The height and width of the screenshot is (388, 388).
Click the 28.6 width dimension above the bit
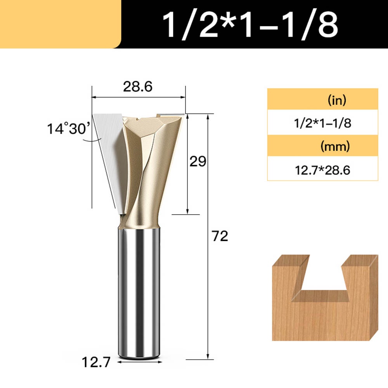138,87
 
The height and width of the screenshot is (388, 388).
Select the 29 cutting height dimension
198,161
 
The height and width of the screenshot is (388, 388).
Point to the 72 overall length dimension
220,236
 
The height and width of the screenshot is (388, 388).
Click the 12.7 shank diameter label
96,362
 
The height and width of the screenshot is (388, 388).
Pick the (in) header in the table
337,100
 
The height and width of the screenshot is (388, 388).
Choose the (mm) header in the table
335,146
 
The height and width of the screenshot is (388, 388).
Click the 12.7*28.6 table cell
322,170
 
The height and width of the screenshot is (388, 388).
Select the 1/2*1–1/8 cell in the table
322,123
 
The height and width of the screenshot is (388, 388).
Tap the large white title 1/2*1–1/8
250,25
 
